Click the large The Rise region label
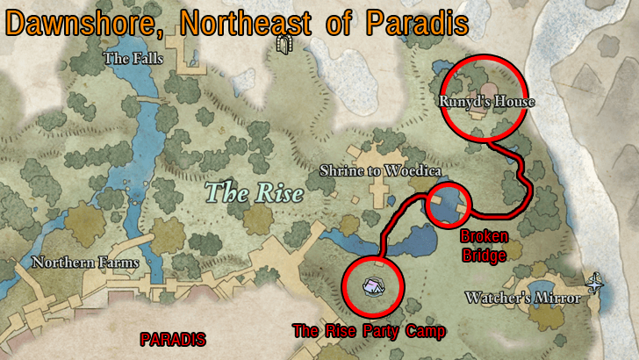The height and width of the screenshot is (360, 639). (x=254, y=191)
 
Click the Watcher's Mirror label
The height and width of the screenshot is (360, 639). (x=523, y=299)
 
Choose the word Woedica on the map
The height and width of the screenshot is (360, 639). (x=413, y=169)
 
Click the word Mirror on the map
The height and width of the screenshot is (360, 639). (x=559, y=299)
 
